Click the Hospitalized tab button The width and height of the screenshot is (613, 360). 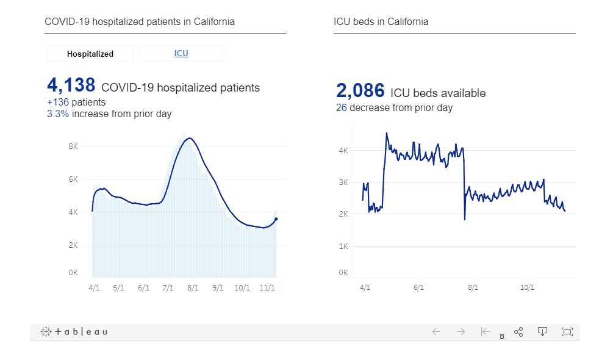90,54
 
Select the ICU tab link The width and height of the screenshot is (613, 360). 181,54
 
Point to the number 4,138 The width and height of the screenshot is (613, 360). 71,85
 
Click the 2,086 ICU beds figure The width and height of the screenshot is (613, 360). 360,92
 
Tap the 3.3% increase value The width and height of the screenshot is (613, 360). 58,114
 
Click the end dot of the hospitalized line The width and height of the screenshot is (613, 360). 276,219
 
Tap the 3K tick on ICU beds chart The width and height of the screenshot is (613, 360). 343,182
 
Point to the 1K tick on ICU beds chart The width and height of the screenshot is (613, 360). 343,246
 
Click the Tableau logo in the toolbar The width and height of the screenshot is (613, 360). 74,332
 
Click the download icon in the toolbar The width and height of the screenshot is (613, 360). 542,331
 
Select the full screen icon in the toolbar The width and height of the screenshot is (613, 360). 567,331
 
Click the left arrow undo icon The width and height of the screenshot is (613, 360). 436,332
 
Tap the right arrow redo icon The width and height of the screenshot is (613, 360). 461,332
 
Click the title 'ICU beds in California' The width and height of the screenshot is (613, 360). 381,22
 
